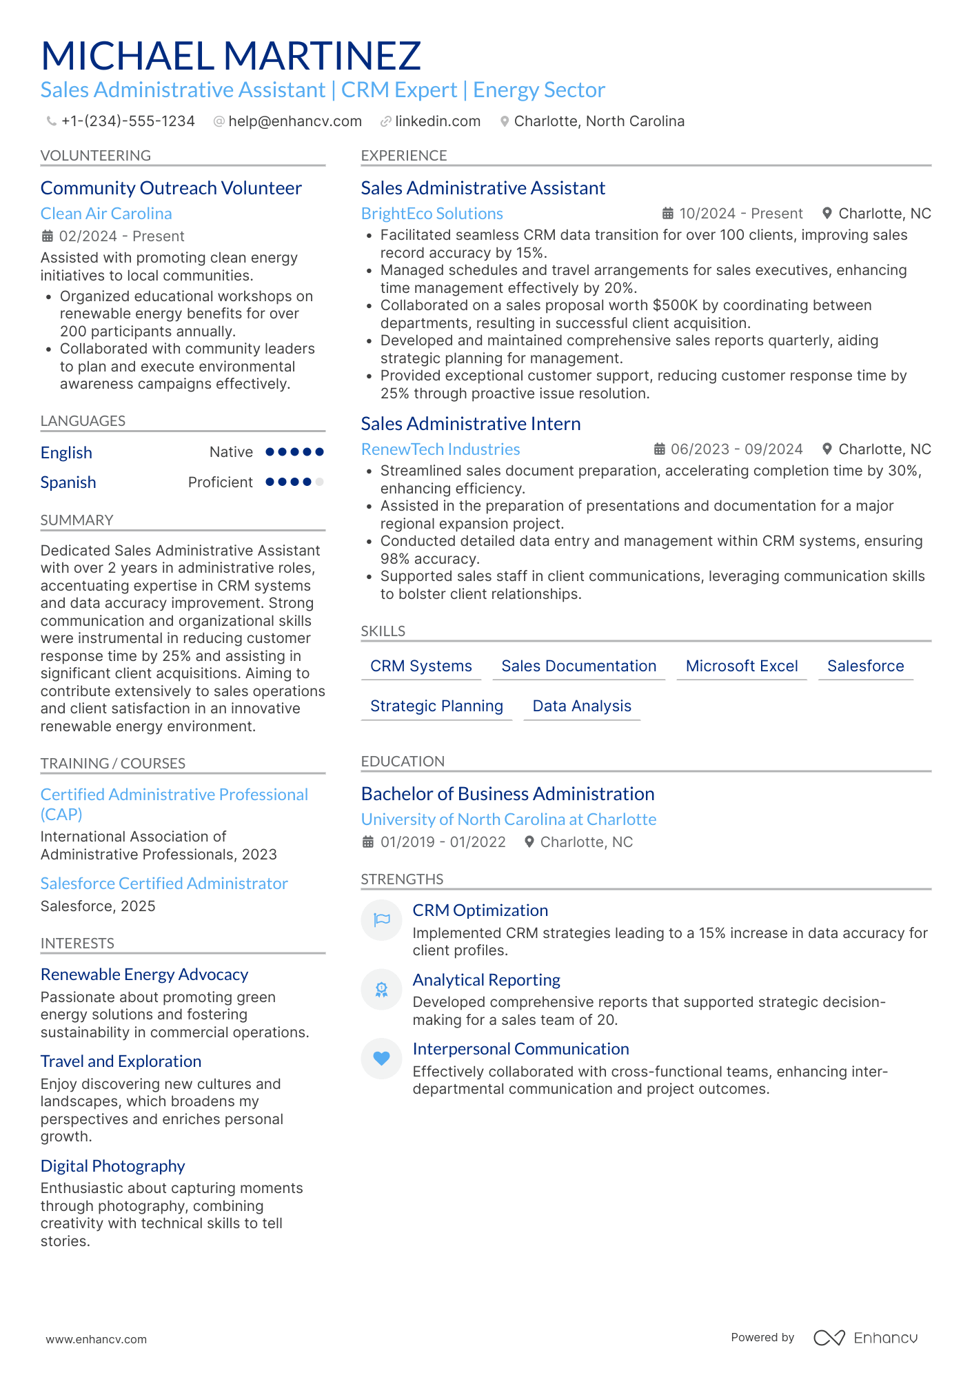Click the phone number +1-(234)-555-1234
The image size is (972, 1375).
pyautogui.click(x=128, y=121)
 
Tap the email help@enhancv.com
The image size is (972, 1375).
pyautogui.click(x=294, y=121)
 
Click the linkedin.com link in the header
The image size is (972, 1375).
pyautogui.click(x=437, y=121)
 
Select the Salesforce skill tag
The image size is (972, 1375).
pyautogui.click(x=865, y=666)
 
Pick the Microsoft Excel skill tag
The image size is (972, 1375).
pyautogui.click(x=741, y=666)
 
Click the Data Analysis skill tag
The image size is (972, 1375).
pyautogui.click(x=581, y=706)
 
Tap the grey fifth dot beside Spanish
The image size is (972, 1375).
pyautogui.click(x=319, y=482)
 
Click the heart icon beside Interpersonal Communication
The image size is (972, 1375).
pyautogui.click(x=381, y=1058)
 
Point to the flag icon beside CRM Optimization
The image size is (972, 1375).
pyautogui.click(x=381, y=919)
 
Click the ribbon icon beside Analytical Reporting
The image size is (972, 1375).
pyautogui.click(x=381, y=989)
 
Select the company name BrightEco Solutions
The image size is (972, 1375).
pyautogui.click(x=432, y=214)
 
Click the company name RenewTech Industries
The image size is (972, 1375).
pyautogui.click(x=440, y=449)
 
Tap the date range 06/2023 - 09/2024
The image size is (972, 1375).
pyautogui.click(x=736, y=449)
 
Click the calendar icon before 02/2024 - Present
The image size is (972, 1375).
pyautogui.click(x=48, y=236)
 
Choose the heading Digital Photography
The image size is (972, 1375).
pyautogui.click(x=112, y=1166)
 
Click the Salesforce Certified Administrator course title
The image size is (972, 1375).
pyautogui.click(x=164, y=884)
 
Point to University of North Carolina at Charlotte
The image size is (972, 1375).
pyautogui.click(x=508, y=819)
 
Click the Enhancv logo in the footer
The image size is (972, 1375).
pyautogui.click(x=865, y=1338)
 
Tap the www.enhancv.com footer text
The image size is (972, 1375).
pyautogui.click(x=96, y=1339)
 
